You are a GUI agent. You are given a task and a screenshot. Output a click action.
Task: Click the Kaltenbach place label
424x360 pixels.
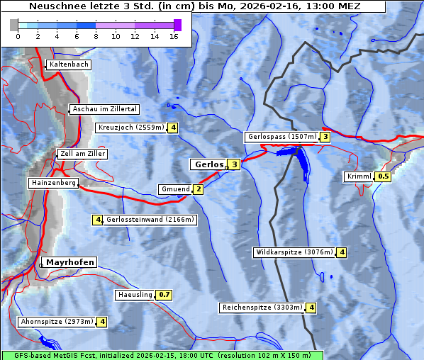coord(69,64)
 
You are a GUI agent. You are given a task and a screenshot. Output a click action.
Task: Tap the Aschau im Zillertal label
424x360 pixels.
coord(105,109)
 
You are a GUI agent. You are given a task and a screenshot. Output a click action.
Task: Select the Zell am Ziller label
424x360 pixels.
coord(83,154)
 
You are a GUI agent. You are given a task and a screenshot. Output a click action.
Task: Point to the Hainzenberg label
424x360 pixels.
coord(52,183)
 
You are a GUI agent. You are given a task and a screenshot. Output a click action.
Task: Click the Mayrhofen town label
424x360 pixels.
coord(69,262)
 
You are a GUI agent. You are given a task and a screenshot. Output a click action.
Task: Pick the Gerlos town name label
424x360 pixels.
coord(208,164)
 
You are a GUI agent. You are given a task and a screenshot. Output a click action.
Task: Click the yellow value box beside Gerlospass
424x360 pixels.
coord(325,137)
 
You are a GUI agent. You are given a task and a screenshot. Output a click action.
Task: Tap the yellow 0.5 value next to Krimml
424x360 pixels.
coord(384,176)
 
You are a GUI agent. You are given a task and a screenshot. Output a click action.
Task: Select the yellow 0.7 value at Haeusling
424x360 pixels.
coord(164,294)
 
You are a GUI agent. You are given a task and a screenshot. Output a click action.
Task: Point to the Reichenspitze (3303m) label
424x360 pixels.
coord(262,308)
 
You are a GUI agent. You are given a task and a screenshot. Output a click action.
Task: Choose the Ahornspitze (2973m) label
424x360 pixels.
coord(57,322)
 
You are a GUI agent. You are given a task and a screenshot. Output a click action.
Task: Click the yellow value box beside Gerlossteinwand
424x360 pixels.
coord(98,220)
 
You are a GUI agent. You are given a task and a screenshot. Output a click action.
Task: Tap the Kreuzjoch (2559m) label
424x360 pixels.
coord(130,128)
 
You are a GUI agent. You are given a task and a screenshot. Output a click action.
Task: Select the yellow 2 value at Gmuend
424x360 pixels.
coord(199,189)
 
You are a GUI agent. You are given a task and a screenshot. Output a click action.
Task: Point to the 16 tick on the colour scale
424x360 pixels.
coord(174,35)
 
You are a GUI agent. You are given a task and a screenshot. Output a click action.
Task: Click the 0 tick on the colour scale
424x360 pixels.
coord(18,35)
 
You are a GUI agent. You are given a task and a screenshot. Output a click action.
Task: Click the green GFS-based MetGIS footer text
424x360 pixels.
coord(162,355)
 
